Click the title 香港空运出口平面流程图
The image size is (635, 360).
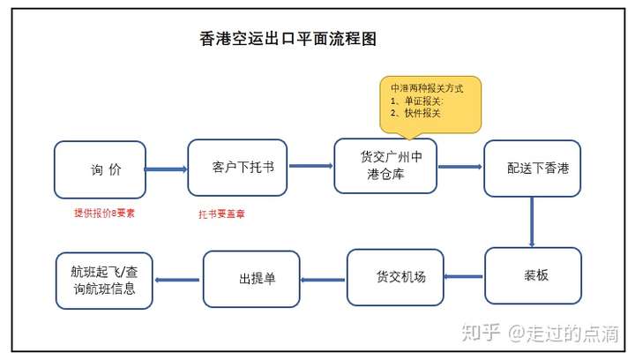point(288,41)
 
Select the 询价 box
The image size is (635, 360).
point(99,169)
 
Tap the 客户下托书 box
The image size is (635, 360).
point(237,167)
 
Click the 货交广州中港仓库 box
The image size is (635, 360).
point(385,165)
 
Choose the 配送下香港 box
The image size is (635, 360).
point(531,168)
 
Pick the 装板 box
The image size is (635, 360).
point(533,275)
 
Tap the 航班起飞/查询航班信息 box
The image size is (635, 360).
point(103,280)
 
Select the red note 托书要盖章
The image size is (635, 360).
point(220,213)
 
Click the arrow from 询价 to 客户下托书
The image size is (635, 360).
point(166,169)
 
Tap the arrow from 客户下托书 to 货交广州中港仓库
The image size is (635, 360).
point(310,165)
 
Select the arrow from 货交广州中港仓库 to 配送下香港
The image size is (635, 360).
point(459,166)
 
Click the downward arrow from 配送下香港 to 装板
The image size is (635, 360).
point(532,221)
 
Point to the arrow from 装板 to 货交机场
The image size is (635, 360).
point(463,277)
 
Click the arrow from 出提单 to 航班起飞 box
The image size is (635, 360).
point(177,280)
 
